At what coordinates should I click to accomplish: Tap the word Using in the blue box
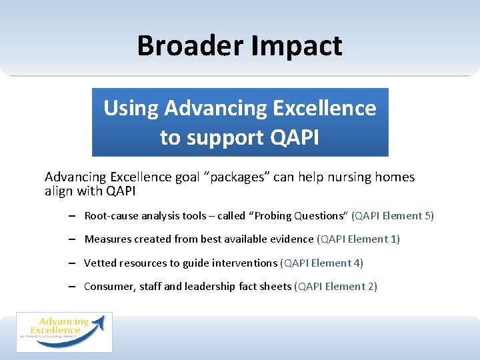(131, 108)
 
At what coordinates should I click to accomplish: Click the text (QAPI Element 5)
(393, 216)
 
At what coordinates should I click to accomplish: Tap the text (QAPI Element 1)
(358, 239)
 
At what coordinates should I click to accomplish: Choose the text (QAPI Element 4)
(321, 263)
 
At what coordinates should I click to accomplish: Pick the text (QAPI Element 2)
(335, 287)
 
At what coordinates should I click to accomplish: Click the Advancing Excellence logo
(64, 331)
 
